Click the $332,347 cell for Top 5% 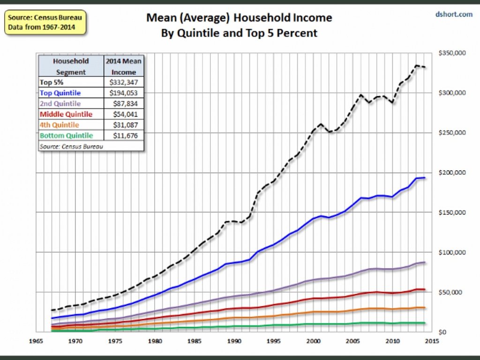[124, 82]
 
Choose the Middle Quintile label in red [66, 114]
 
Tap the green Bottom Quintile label [66, 136]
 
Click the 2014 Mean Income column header [124, 67]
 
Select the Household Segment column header [71, 67]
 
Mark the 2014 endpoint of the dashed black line [424, 67]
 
